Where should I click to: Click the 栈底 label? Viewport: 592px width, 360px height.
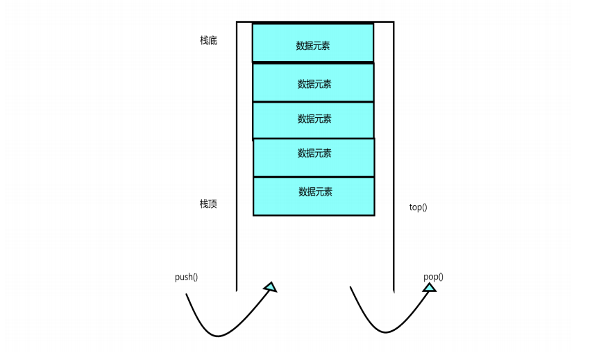pos(209,41)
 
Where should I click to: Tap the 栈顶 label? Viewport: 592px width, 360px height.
pos(209,204)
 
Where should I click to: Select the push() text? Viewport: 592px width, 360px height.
pos(186,277)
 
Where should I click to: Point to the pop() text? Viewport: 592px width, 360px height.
pos(433,277)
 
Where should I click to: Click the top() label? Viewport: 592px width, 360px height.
pos(418,207)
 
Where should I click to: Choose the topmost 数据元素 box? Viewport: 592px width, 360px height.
pos(312,43)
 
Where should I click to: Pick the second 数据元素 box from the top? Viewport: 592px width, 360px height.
pos(312,83)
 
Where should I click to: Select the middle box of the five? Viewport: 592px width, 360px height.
pos(312,120)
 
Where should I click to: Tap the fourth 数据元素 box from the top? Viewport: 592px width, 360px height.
pos(313,157)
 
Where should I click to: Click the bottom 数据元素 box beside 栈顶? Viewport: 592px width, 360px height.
pos(313,196)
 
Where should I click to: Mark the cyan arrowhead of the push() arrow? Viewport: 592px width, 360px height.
pos(270,286)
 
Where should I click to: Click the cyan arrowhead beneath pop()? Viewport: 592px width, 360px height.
pos(430,286)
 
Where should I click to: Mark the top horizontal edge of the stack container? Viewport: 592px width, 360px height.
pos(315,22)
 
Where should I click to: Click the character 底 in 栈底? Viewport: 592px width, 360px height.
pos(213,41)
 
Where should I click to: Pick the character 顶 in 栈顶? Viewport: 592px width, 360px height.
pos(213,204)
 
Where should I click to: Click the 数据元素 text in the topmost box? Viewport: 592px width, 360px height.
pos(313,46)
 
